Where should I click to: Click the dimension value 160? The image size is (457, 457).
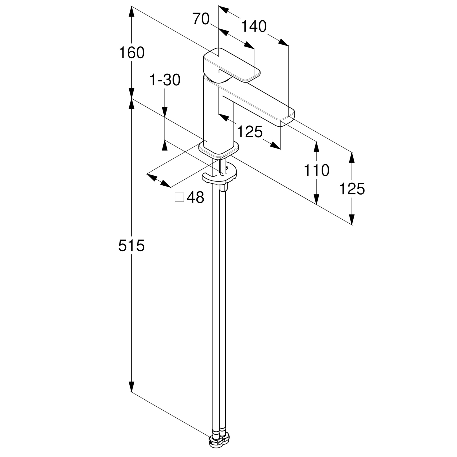(132, 53)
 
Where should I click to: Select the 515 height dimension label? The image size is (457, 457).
(132, 246)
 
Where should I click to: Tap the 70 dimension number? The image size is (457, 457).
(201, 19)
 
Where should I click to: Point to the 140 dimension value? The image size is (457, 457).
(254, 27)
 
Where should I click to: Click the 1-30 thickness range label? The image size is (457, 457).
(165, 80)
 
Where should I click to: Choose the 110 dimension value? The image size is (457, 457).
(316, 171)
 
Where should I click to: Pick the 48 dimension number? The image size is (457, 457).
(196, 197)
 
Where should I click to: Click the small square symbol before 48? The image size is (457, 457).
(179, 197)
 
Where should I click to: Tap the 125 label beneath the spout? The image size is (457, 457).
(250, 132)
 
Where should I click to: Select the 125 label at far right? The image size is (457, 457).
(352, 189)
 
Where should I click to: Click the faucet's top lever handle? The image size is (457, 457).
(231, 65)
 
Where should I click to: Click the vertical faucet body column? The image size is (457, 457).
(219, 114)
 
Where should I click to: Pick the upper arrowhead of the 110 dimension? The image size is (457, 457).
(316, 147)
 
